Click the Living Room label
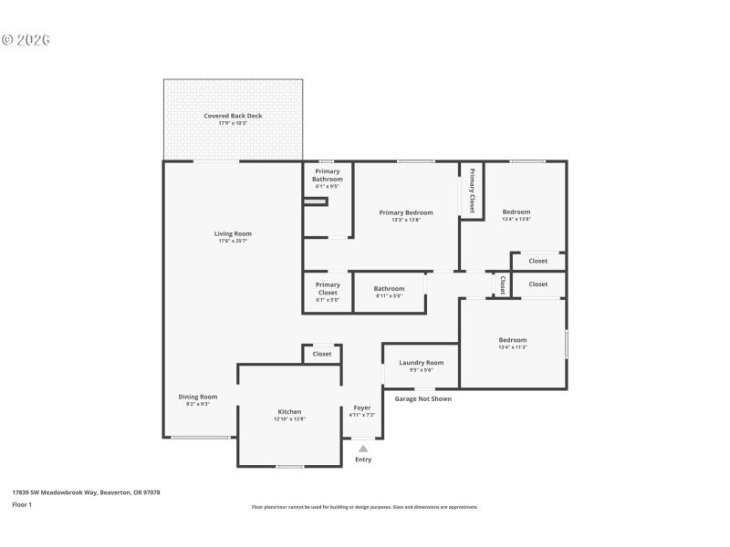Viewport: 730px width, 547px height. [233, 233]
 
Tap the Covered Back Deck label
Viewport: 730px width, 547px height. [233, 116]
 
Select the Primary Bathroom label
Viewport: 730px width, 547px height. [327, 175]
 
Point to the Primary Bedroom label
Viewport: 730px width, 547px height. [406, 212]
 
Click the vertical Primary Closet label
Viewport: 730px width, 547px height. [472, 191]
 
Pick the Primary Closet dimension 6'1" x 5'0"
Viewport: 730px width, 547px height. [327, 300]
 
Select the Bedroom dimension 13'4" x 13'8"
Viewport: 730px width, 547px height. [516, 219]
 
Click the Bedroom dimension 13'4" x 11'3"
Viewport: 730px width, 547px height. [512, 347]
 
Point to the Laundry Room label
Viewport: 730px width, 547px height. [421, 363]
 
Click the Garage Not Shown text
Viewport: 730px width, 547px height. [422, 398]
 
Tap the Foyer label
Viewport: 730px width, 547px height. [361, 408]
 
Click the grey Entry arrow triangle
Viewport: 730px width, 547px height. [363, 449]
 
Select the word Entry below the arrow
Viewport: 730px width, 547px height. [363, 459]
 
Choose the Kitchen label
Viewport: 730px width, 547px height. [289, 411]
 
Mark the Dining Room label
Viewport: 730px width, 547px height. [197, 397]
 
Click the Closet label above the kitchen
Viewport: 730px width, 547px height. [322, 354]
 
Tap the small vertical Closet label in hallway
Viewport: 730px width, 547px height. [502, 285]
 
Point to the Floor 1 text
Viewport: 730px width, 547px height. [21, 504]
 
